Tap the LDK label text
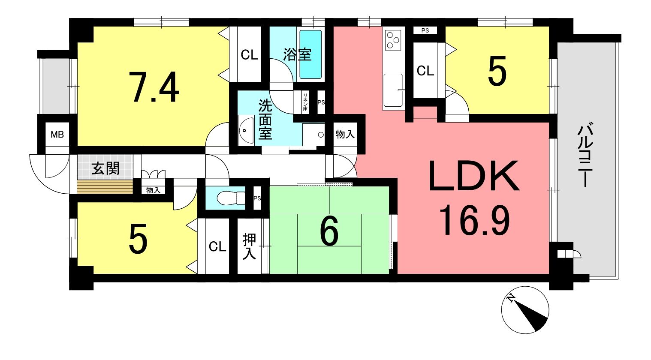[x=474, y=176]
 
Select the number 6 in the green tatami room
[x=329, y=231]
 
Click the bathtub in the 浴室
[x=310, y=54]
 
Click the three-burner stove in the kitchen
[x=393, y=40]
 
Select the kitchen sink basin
[x=393, y=90]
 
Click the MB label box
[x=57, y=135]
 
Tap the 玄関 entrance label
[x=105, y=168]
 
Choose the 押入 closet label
[x=249, y=246]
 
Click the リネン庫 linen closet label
[x=305, y=102]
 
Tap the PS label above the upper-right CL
[x=425, y=30]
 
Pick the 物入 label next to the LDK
[x=345, y=135]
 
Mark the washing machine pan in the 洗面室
[x=313, y=135]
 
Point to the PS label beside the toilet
[x=257, y=198]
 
